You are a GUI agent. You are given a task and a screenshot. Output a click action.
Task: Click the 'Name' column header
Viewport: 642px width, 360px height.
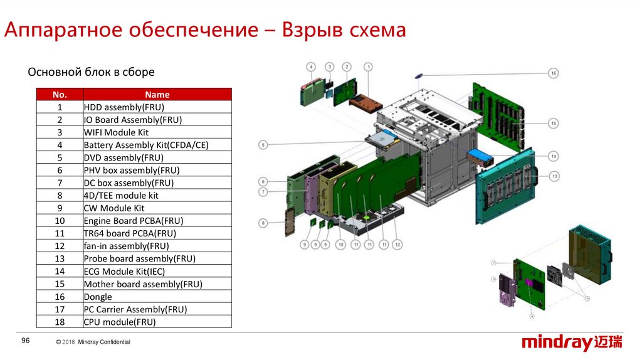[x=157, y=95]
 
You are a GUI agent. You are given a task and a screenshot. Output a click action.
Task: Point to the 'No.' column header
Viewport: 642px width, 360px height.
[x=60, y=95]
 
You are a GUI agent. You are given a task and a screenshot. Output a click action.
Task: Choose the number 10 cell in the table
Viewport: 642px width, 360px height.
[x=60, y=221]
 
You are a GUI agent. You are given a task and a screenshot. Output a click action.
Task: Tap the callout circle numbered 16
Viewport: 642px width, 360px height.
[x=554, y=73]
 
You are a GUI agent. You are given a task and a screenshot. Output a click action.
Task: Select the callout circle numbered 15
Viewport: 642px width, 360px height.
[x=554, y=124]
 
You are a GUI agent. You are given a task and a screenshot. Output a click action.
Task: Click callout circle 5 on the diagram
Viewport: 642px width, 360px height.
[x=264, y=145]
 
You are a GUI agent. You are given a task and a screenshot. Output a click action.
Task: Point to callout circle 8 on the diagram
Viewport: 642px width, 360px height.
[x=264, y=223]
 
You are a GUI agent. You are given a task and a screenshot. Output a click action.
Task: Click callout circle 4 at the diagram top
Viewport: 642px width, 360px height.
[x=311, y=66]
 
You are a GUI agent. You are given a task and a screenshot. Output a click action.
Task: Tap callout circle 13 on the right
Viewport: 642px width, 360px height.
[x=554, y=177]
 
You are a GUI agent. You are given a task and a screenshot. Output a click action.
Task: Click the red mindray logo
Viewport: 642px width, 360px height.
[x=573, y=342]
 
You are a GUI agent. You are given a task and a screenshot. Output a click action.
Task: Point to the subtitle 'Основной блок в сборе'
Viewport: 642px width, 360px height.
[x=91, y=72]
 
